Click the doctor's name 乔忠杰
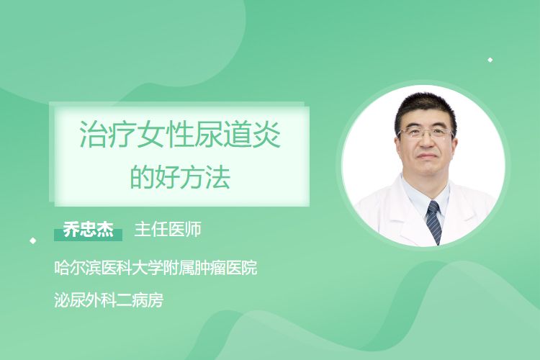(88, 230)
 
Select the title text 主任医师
(168, 230)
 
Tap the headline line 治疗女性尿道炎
(180, 134)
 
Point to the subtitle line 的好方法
(180, 177)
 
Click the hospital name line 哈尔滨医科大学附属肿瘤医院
(156, 268)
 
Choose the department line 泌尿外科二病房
(109, 300)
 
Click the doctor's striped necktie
(434, 222)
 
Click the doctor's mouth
(426, 157)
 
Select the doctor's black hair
(426, 110)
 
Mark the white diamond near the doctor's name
(33, 240)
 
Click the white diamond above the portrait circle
(490, 60)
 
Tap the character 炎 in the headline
(266, 134)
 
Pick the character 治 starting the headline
(94, 134)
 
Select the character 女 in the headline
(151, 134)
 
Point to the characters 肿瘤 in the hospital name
(210, 268)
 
